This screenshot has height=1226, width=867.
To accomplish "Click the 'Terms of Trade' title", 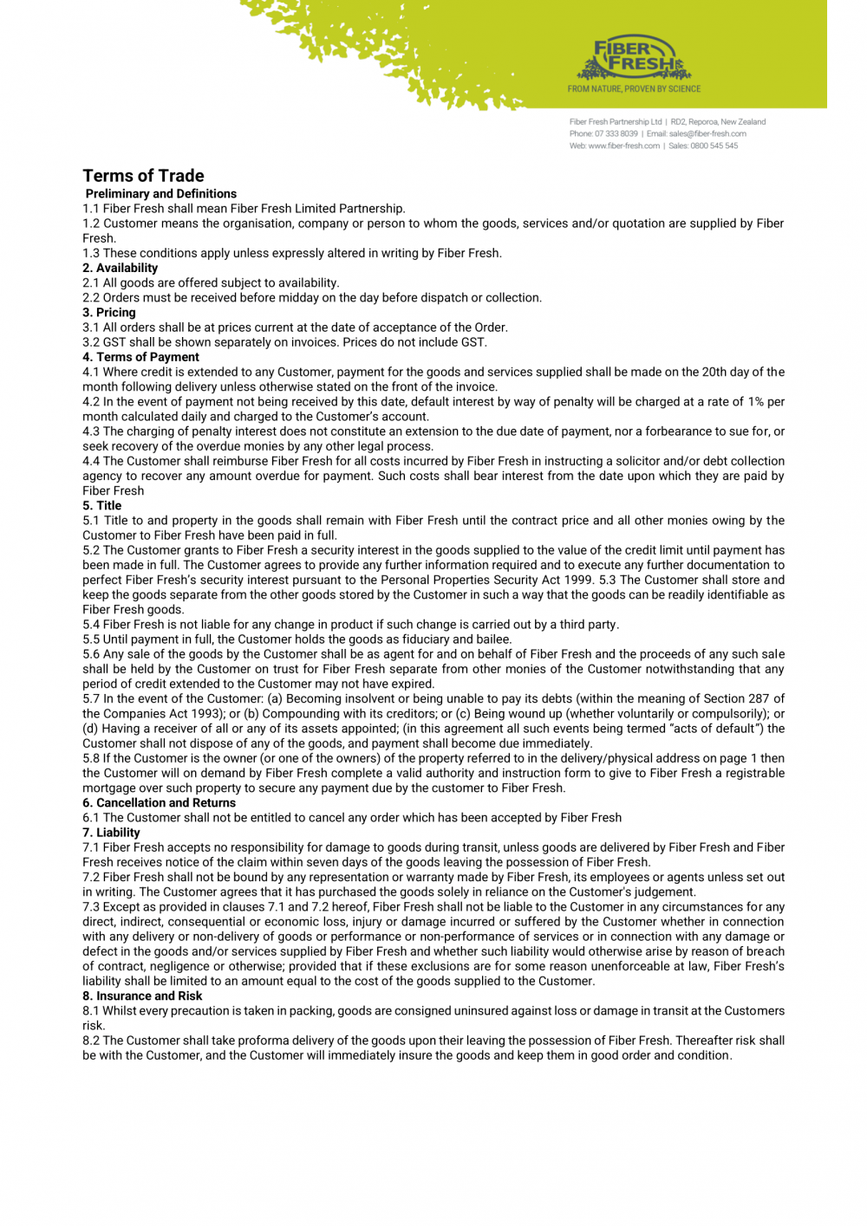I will (x=143, y=176).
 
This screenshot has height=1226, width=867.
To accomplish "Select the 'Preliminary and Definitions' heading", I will (x=160, y=194).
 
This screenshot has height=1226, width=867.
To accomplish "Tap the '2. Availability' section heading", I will (x=120, y=269).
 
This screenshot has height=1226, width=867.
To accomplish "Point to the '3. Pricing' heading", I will (x=109, y=313).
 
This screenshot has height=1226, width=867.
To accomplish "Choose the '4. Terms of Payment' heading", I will (x=140, y=357).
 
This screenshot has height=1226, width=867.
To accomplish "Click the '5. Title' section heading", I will (x=101, y=506).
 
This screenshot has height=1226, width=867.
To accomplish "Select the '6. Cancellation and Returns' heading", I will (x=159, y=803).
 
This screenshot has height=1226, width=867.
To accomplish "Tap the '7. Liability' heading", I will (x=111, y=833).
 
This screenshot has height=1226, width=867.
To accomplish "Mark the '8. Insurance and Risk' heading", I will (x=142, y=996).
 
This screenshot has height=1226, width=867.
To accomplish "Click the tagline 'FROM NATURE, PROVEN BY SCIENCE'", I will (x=634, y=89).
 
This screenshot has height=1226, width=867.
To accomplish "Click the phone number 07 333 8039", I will (x=616, y=134).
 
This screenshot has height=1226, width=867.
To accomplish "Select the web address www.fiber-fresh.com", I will (x=623, y=146).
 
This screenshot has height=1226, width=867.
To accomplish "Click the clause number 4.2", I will (x=91, y=402).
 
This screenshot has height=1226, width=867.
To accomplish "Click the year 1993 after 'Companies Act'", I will (x=206, y=714).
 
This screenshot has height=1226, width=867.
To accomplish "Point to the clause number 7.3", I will (x=91, y=907).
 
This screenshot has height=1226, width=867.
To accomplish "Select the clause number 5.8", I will (x=91, y=758).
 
